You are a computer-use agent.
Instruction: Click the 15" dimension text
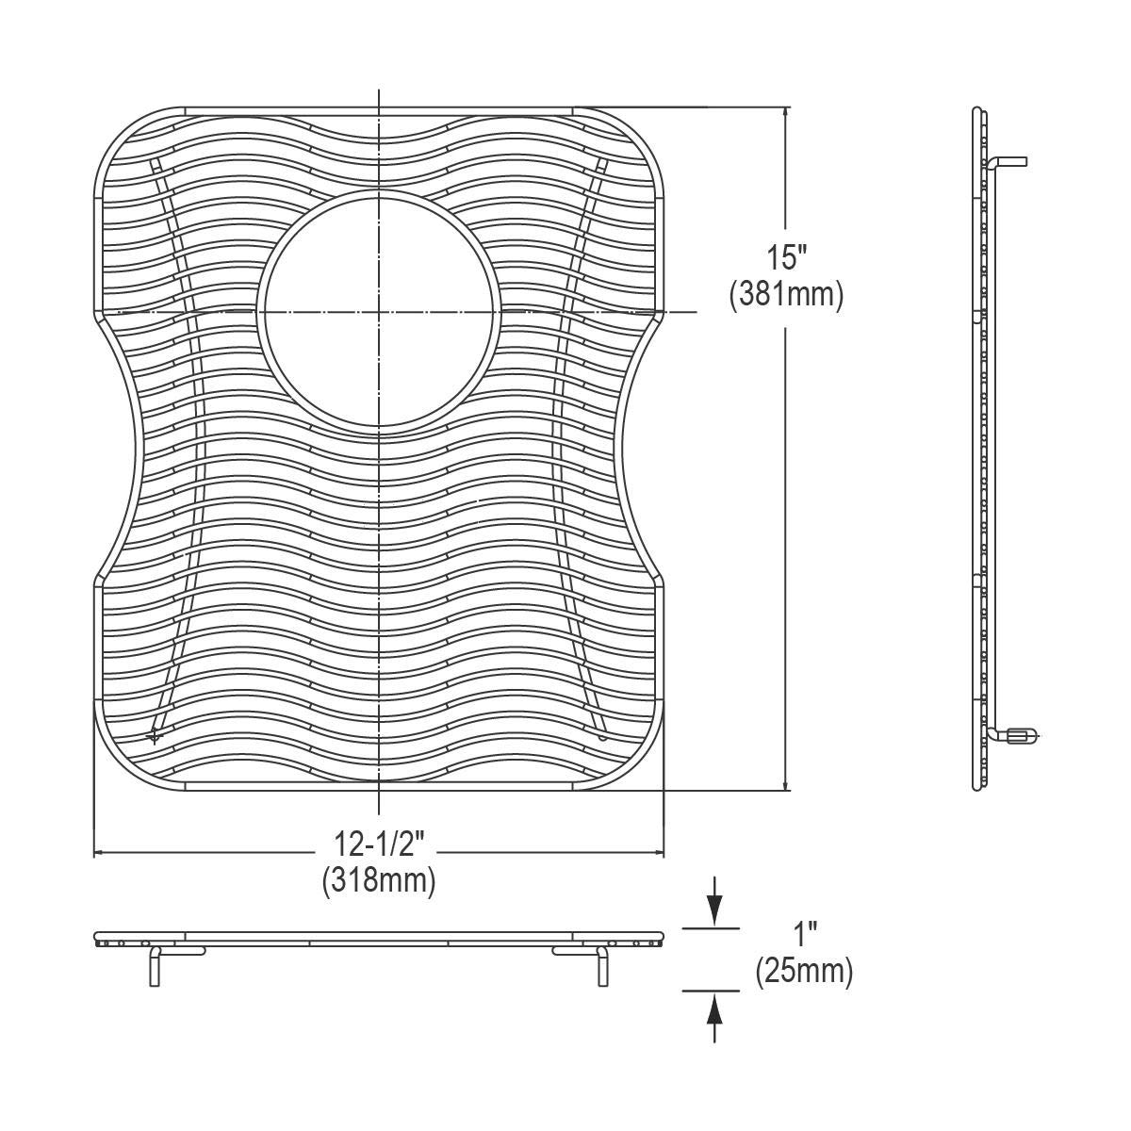point(785,257)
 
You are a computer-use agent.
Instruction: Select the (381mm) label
point(785,295)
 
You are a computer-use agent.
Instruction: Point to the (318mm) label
point(378,881)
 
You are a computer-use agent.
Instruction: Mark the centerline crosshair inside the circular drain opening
point(379,311)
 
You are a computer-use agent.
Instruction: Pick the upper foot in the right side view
point(1010,161)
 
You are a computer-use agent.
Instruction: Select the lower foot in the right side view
point(1018,734)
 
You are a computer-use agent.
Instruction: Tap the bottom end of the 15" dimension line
point(786,789)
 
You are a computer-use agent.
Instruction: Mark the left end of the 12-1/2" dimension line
point(95,853)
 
